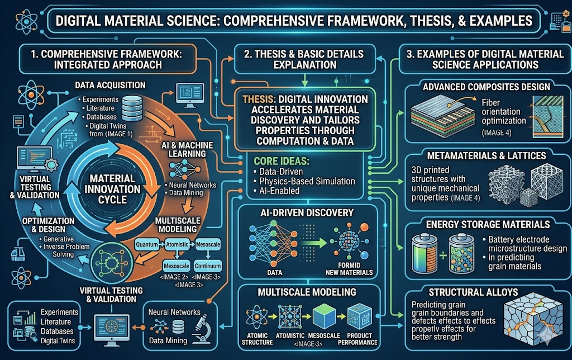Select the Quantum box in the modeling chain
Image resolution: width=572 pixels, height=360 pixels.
click(147, 244)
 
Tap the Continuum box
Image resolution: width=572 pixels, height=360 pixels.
click(208, 266)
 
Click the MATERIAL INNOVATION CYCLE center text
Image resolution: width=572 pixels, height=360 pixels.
click(112, 189)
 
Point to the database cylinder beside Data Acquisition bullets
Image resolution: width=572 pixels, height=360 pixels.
click(132, 108)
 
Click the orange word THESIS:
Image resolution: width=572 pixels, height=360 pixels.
click(259, 100)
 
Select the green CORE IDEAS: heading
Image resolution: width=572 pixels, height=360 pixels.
click(282, 161)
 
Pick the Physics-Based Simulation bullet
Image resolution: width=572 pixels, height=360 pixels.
click(304, 181)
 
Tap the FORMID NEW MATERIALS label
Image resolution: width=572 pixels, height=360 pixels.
click(349, 269)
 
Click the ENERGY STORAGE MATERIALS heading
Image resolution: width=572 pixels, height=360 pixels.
click(488, 224)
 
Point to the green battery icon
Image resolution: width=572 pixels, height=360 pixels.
click(425, 254)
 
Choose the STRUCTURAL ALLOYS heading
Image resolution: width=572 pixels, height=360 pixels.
click(473, 292)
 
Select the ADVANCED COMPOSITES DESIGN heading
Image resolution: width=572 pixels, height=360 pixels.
click(487, 87)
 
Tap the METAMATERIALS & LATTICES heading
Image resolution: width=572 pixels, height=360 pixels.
click(487, 155)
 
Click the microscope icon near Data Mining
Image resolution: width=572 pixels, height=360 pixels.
click(202, 329)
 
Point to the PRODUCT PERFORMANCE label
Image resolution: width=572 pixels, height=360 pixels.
click(357, 339)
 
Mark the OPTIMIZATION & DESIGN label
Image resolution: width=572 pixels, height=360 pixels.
click(49, 225)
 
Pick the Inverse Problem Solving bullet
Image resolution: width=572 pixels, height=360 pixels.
click(64, 250)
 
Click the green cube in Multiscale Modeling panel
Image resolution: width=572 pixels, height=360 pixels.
click(324, 316)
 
